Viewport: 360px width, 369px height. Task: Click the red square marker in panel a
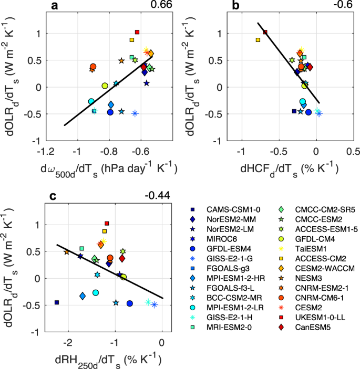[x=137, y=32]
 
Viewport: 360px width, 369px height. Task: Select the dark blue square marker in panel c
[x=57, y=302]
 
